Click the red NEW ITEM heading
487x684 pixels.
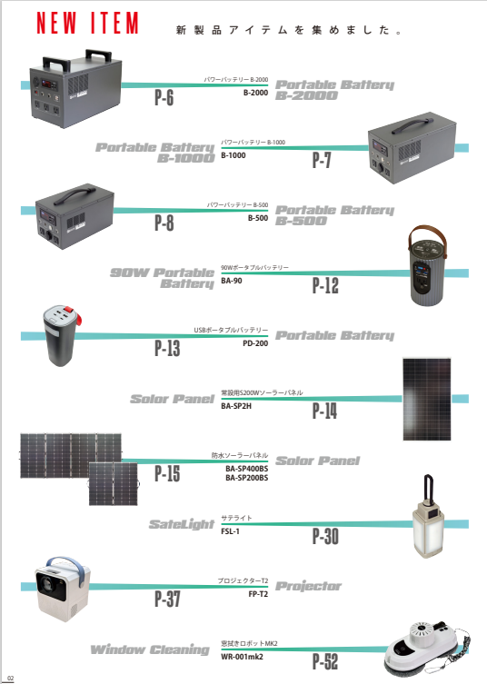pos(87,23)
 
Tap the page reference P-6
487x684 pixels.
pos(164,98)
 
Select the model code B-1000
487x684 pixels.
pos(233,155)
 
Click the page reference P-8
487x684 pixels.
pos(164,223)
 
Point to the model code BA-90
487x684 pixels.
pos(232,281)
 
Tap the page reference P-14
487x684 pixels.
pos(324,411)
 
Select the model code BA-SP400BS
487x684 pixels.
pos(246,469)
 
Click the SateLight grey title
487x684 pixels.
pos(182,524)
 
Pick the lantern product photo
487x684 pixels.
pos(429,518)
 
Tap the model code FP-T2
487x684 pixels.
pos(258,594)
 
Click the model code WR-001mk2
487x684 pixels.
pos(242,657)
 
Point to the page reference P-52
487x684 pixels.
pos(325,662)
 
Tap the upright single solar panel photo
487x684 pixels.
pos(427,399)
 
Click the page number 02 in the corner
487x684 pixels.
pos(11,679)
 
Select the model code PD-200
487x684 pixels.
pos(255,343)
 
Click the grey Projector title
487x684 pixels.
pos(308,587)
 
